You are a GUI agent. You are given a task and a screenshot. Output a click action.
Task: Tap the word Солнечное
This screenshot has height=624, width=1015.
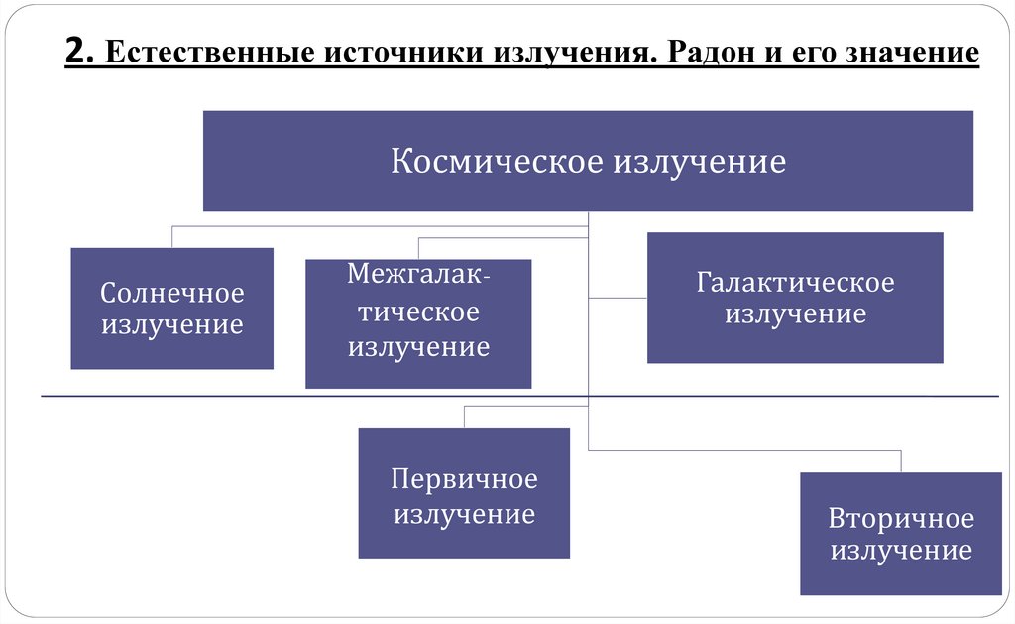tap(172, 294)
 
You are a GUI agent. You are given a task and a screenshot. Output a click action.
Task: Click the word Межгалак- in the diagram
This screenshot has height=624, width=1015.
tap(417, 275)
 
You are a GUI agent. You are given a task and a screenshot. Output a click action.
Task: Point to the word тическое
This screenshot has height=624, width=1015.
tap(418, 312)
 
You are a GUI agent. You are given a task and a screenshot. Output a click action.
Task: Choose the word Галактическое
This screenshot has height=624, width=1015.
tap(795, 283)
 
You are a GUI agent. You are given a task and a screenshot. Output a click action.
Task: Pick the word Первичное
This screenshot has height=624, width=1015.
tap(464, 480)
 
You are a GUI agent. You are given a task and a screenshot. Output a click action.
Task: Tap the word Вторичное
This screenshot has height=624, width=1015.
tap(901, 519)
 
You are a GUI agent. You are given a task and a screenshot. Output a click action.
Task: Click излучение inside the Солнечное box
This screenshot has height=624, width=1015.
tap(172, 325)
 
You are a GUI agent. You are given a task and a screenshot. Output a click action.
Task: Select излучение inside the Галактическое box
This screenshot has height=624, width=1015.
tap(795, 315)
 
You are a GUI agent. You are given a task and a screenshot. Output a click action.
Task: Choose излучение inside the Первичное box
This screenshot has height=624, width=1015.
tap(464, 514)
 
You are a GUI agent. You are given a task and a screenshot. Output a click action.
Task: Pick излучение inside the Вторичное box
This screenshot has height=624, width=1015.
tap(901, 551)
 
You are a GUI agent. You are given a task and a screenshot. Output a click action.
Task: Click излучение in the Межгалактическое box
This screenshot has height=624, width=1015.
tap(418, 347)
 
